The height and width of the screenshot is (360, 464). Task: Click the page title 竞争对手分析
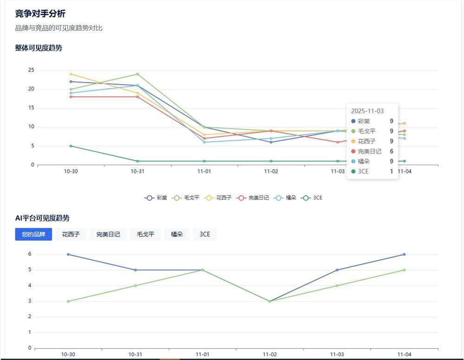(40, 13)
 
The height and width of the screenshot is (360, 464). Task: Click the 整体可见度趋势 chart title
(39, 48)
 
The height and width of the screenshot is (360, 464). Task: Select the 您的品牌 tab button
(33, 234)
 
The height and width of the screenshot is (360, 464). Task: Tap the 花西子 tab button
(71, 234)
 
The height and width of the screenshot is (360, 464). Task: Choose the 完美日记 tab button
(108, 234)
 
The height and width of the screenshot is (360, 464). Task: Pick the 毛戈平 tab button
(145, 234)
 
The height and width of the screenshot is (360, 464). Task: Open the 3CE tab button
(205, 234)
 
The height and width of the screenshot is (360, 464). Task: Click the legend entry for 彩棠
(156, 198)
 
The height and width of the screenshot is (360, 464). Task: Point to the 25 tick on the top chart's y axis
(31, 70)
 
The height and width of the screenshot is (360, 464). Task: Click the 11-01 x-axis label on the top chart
(204, 171)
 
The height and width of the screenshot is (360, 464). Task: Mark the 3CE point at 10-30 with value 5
(71, 146)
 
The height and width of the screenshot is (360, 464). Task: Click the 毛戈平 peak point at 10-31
(137, 74)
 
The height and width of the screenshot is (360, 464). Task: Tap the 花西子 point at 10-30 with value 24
(71, 74)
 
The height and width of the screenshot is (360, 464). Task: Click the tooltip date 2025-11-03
(367, 111)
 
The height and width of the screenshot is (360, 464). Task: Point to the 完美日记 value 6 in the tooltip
(391, 151)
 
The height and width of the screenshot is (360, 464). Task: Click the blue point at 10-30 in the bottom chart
(68, 254)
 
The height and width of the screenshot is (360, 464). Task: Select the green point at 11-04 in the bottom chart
(404, 270)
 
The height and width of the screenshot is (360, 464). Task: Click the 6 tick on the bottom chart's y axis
(29, 254)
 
